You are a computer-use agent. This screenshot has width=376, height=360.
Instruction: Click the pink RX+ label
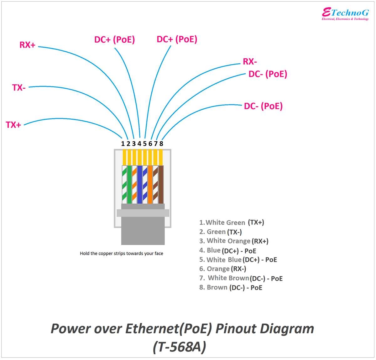click(27, 45)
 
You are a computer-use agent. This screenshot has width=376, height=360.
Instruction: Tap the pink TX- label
click(19, 88)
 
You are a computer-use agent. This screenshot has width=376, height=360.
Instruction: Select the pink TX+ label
click(13, 125)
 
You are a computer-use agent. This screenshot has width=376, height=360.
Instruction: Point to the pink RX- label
click(250, 62)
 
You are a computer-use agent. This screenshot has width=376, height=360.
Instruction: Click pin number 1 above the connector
click(123, 144)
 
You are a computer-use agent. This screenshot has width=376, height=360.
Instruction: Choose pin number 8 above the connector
click(161, 144)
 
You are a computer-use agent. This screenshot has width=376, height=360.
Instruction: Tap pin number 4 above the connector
click(139, 144)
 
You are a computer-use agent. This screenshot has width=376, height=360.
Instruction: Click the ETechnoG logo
click(345, 14)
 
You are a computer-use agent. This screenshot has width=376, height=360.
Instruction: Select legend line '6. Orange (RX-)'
click(222, 269)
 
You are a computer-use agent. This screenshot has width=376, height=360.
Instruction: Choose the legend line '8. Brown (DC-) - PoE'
click(231, 288)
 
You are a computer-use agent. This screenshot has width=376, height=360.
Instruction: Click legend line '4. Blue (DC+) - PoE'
click(227, 251)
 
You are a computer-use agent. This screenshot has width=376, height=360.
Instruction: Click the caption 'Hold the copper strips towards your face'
click(122, 253)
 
